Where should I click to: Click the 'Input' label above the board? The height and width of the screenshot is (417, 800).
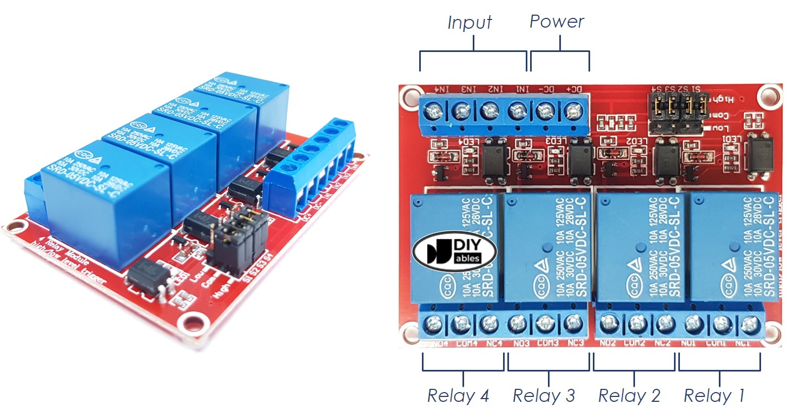[x=470, y=23]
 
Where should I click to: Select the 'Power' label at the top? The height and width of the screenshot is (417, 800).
[x=557, y=22]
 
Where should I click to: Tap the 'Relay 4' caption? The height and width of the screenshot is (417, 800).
[x=458, y=396]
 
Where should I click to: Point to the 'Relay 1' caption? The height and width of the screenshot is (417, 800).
[x=714, y=396]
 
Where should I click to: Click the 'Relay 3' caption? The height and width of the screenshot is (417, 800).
[x=544, y=396]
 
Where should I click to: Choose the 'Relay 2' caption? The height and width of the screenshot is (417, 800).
[x=629, y=396]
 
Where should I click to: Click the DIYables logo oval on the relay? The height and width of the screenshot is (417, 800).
[x=454, y=251]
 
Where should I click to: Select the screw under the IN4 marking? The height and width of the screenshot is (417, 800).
[x=433, y=112]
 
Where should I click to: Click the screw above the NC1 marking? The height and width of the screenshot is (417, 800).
[x=749, y=325]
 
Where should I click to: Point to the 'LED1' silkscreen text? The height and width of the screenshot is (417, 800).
[x=731, y=140]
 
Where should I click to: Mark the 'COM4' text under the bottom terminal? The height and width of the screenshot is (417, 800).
[x=463, y=343]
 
